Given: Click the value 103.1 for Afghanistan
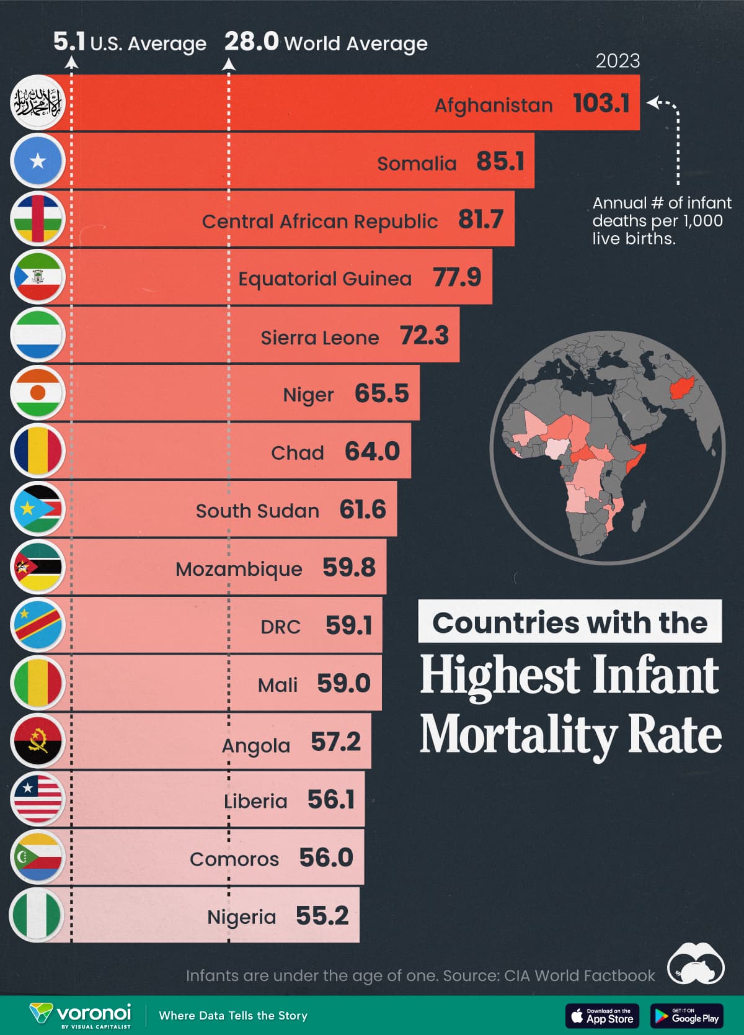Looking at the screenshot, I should coord(601,103).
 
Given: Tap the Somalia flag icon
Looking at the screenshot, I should coord(38,161).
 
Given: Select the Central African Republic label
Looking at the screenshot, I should coord(320,222).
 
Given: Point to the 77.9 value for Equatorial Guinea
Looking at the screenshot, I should coord(457,277).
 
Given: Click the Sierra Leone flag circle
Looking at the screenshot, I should coord(38,334).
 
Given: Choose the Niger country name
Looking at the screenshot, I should coord(308,395).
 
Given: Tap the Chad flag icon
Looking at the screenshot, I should coord(38,450).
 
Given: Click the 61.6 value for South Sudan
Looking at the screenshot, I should coord(363,509).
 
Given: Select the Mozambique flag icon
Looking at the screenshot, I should coord(38,567).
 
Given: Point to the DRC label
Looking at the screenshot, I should coord(280,627).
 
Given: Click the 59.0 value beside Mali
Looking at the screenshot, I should coord(343,683).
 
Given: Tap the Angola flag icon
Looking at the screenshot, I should coord(38,740).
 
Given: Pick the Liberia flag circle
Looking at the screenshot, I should coord(38,799).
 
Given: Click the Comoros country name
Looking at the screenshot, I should coord(234,859).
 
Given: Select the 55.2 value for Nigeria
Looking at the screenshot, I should coord(322,916).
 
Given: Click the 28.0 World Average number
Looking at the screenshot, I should coord(251,42).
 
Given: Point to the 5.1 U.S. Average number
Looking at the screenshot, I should coord(69,42).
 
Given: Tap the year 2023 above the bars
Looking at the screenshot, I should coord(618,61).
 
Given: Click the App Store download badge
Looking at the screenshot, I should coord(603,1016).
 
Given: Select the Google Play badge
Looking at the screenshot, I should coord(686,1016).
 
